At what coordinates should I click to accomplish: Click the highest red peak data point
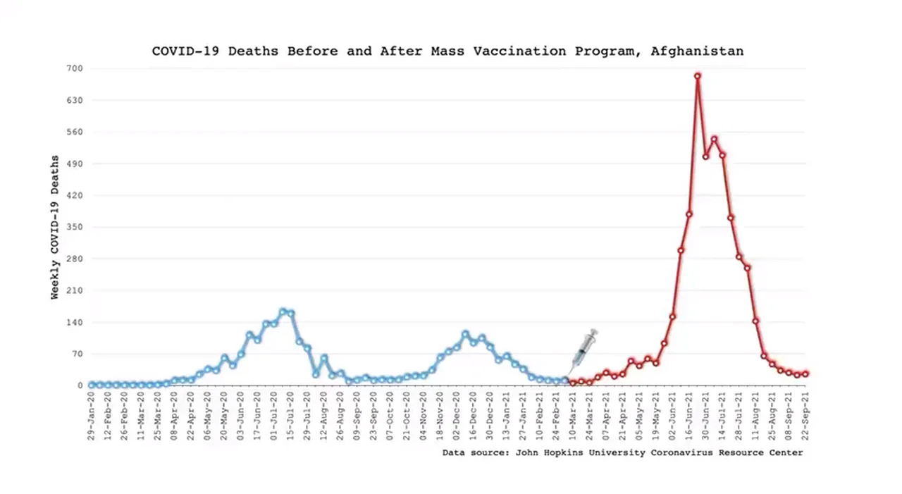click(x=698, y=76)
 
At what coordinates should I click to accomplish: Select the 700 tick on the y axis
click(x=75, y=68)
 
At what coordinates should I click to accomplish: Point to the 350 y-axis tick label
click(x=75, y=227)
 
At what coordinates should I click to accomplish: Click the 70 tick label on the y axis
click(x=78, y=354)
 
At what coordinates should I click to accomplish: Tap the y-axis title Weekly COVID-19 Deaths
click(x=55, y=227)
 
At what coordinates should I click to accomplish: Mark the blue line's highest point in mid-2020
click(x=283, y=311)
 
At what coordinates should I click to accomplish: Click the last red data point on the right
click(x=805, y=374)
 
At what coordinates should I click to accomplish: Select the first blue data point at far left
click(x=92, y=385)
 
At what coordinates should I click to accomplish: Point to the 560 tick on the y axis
click(x=75, y=132)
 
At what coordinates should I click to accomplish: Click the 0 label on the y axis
click(x=80, y=385)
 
